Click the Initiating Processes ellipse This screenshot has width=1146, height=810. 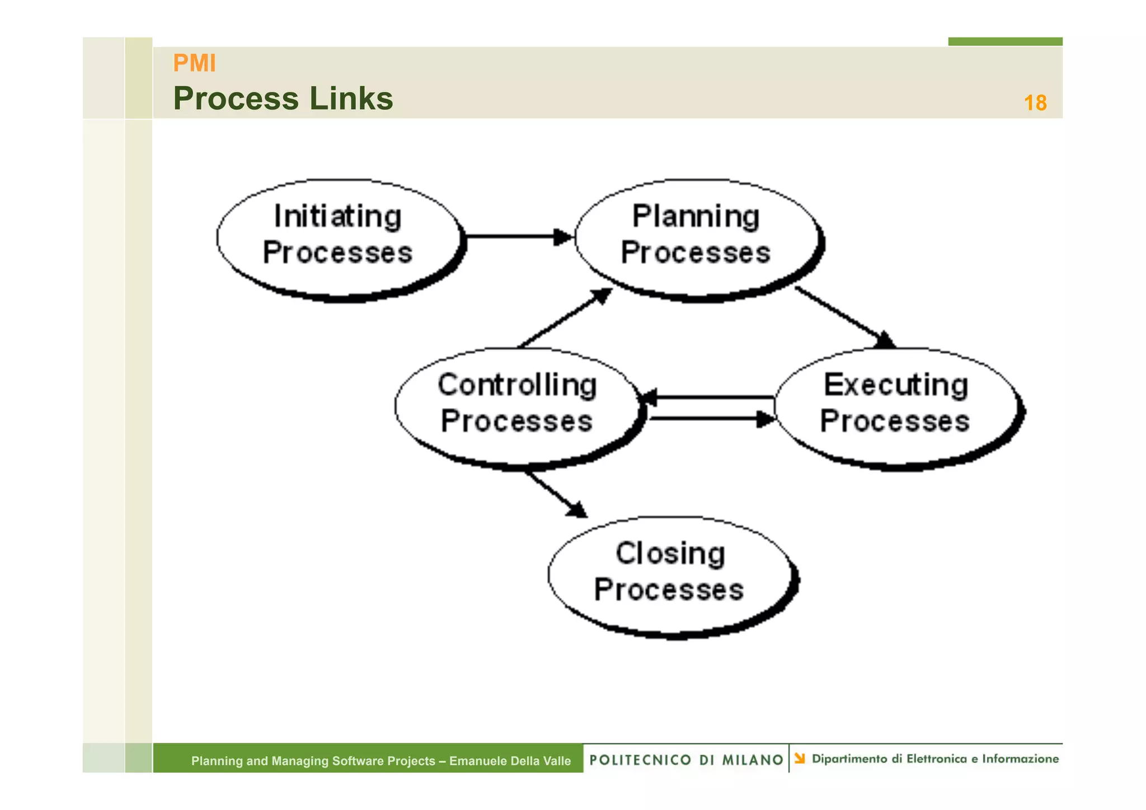click(x=339, y=238)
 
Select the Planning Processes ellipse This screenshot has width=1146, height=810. click(x=697, y=238)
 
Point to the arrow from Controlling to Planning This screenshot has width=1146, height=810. click(x=565, y=318)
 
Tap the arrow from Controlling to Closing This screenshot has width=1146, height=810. click(x=554, y=493)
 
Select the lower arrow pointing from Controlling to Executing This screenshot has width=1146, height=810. click(x=711, y=418)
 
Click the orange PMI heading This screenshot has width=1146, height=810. click(x=194, y=63)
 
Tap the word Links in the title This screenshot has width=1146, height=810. click(x=351, y=99)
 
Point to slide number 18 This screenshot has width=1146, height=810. click(x=1035, y=103)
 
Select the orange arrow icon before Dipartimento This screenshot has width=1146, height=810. click(x=800, y=759)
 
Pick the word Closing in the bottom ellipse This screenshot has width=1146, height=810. click(x=670, y=554)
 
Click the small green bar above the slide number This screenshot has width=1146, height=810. click(x=1004, y=41)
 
